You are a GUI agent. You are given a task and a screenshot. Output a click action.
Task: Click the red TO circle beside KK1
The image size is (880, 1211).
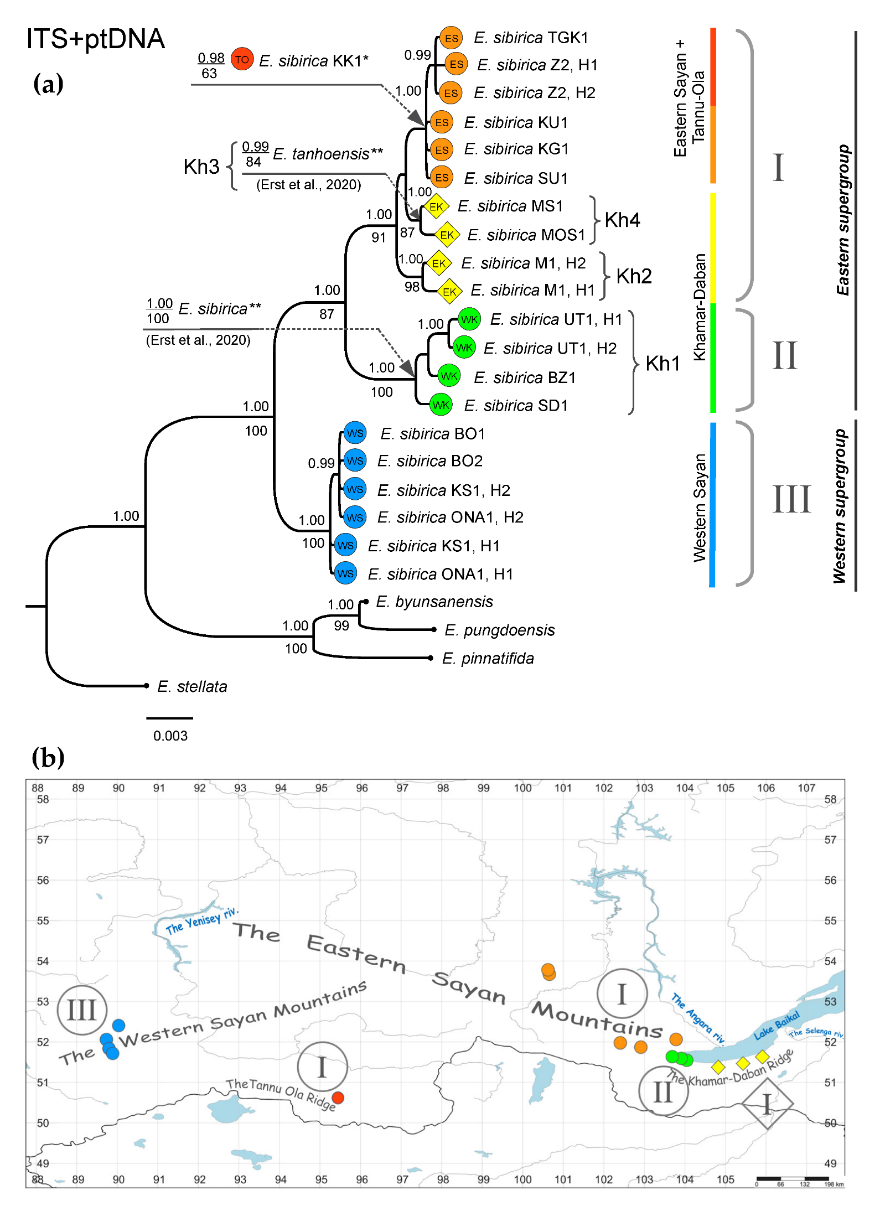coord(242,59)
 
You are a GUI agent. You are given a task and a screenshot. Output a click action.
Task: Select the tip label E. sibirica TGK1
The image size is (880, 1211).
coord(530,38)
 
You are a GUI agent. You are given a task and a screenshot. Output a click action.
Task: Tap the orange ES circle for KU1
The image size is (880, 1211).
coord(442,122)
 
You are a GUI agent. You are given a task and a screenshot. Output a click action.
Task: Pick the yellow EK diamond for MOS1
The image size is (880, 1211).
coord(447,235)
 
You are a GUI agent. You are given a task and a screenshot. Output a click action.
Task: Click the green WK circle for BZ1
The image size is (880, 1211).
coord(449,376)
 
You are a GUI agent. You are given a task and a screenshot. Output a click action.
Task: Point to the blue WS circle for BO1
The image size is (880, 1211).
coord(355,433)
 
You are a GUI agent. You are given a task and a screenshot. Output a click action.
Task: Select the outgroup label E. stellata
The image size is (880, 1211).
coord(192,686)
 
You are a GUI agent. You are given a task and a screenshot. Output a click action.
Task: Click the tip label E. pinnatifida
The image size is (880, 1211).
coord(488,658)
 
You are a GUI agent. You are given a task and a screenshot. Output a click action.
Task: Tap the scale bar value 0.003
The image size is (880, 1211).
coord(170,736)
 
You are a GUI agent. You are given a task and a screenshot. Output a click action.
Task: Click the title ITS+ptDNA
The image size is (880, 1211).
coord(95,39)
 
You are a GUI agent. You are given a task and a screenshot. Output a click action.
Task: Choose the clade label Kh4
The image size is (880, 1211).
coord(622,220)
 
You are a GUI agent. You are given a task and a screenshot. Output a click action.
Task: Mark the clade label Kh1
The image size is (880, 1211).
coord(662,364)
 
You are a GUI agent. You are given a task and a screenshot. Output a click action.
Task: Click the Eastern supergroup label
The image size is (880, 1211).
coord(842,220)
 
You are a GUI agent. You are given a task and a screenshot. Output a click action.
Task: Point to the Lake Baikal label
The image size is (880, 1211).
coord(777,1025)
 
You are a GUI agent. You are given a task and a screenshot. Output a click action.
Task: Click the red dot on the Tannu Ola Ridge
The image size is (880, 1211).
coord(338,1098)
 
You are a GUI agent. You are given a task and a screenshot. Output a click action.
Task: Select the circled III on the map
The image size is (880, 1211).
coord(82,1010)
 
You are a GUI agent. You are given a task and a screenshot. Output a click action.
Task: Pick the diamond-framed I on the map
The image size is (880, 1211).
coord(767,1104)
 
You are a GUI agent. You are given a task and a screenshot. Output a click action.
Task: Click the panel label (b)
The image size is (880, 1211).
coord(48,758)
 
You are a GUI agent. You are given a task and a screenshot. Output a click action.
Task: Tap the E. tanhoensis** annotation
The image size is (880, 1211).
coord(328,153)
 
